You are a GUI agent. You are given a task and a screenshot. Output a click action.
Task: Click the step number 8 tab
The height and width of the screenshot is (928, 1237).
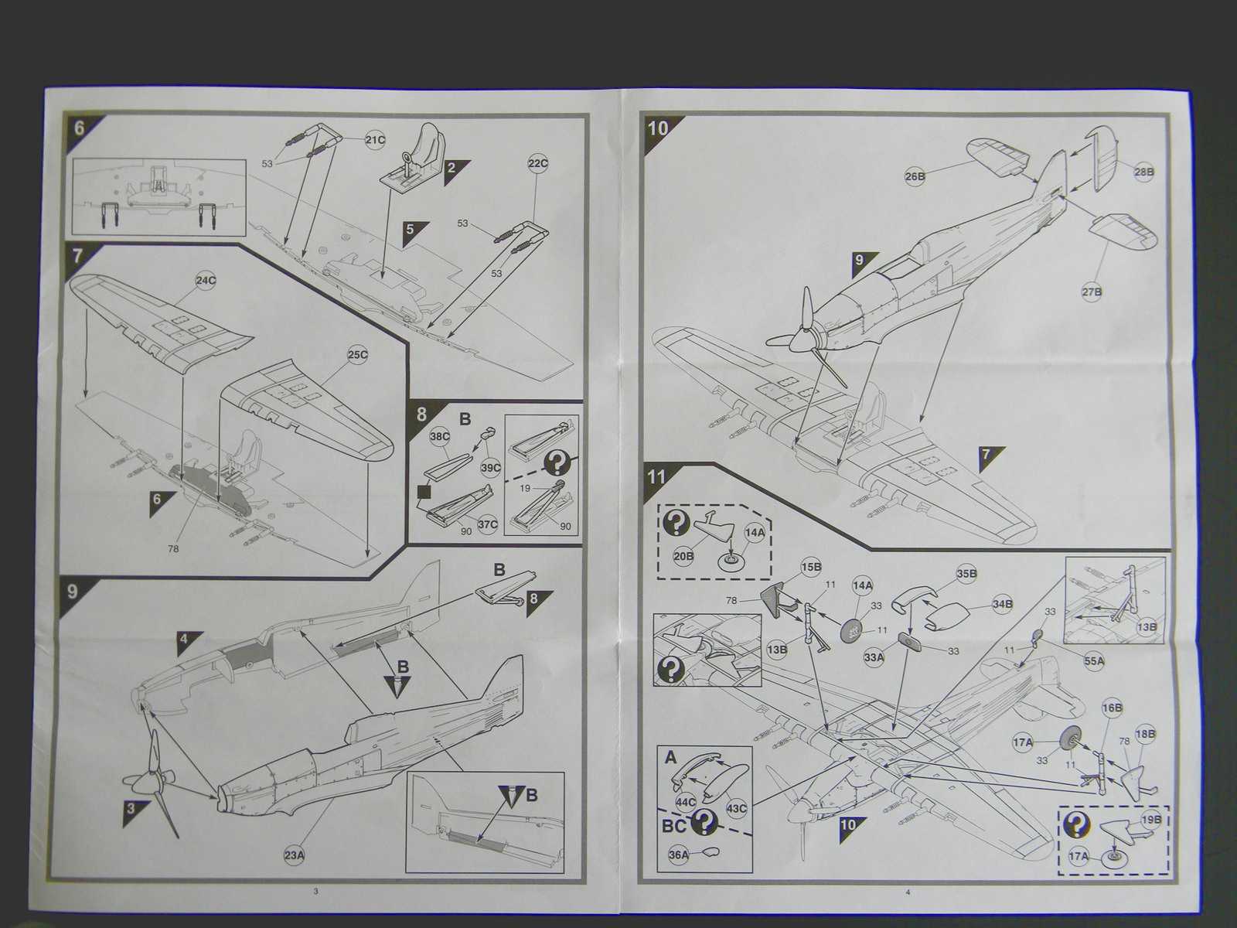pos(421,414)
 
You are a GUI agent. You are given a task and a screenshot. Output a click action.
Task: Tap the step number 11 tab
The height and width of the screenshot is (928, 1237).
pos(656,476)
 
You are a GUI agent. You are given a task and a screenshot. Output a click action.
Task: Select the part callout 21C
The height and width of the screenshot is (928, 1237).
pos(375,139)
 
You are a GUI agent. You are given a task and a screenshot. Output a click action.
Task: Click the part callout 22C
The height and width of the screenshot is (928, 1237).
pos(537,164)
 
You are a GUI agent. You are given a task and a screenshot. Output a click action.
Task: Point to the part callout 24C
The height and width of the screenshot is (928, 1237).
pos(206,281)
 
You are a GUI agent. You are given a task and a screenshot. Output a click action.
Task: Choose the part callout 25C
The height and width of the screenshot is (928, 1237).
pos(357,355)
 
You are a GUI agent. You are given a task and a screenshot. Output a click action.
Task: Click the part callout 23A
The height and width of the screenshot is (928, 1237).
pos(295,855)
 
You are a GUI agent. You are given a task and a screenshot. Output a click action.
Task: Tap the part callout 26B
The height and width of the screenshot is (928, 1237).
pos(915,176)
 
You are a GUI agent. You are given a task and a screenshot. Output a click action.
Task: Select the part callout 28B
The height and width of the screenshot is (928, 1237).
pos(1143,172)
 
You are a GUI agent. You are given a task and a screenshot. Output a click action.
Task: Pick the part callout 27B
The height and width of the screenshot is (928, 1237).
pos(1092,292)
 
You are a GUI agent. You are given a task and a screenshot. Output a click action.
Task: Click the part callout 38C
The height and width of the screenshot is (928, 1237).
pos(439,436)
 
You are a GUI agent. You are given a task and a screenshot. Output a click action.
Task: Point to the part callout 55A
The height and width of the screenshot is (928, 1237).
pos(1094,661)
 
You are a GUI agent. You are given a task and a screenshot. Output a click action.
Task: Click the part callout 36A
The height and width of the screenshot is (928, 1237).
pos(678,855)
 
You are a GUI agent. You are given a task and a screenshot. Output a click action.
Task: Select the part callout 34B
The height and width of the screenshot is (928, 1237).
pos(1003,603)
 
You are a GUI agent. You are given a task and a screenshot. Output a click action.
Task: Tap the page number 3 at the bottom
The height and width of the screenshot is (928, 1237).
pos(315,892)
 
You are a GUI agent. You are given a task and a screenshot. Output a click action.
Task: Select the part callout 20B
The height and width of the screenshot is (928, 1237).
pos(683,555)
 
